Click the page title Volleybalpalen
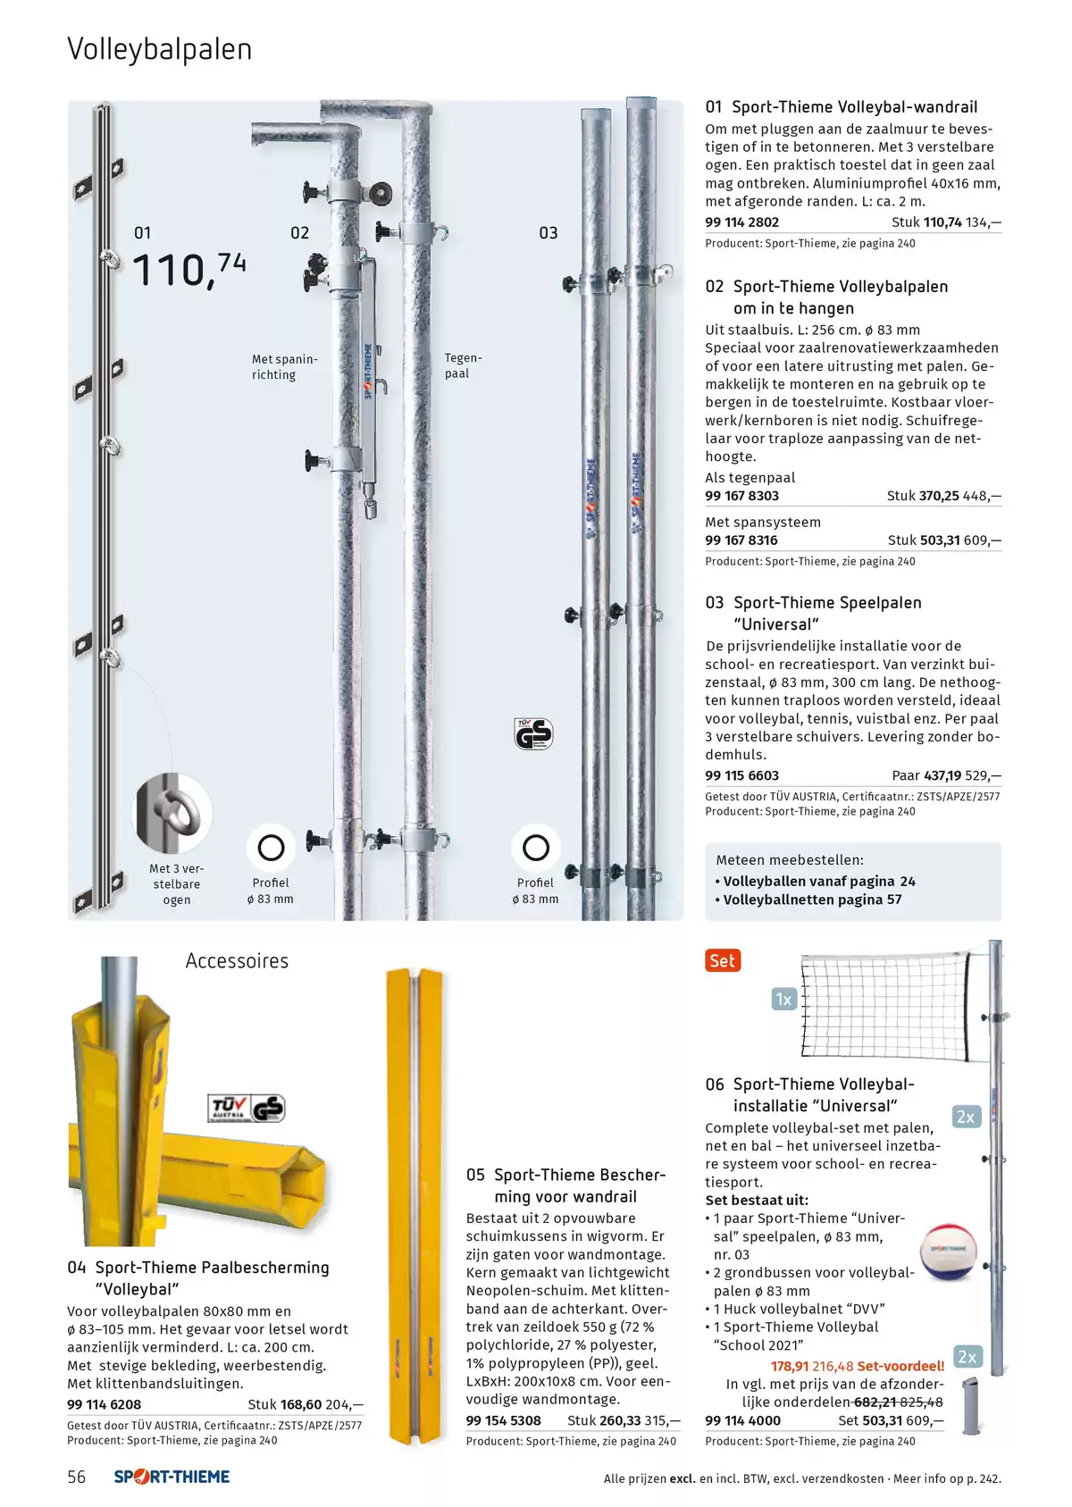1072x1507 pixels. coord(160,50)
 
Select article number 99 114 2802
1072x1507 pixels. coord(741,222)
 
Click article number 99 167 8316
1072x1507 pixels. coord(741,540)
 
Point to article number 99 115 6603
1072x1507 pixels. coord(741,775)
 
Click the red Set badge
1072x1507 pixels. coord(723,960)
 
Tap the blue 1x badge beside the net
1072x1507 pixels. coord(784,1000)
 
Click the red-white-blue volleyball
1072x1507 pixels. coord(948,1252)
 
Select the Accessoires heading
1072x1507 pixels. coord(237,960)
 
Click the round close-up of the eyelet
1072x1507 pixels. coord(173,813)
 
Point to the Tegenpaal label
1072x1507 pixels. coord(463,365)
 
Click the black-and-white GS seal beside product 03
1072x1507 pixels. coord(533,733)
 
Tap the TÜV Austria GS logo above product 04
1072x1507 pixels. coord(247,1109)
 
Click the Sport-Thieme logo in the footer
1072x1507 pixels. coord(172,1477)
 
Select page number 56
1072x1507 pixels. coord(77,1477)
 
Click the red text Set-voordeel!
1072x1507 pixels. coord(900,1367)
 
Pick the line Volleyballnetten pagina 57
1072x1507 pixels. coord(812,900)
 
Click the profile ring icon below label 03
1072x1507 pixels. coord(536,848)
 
